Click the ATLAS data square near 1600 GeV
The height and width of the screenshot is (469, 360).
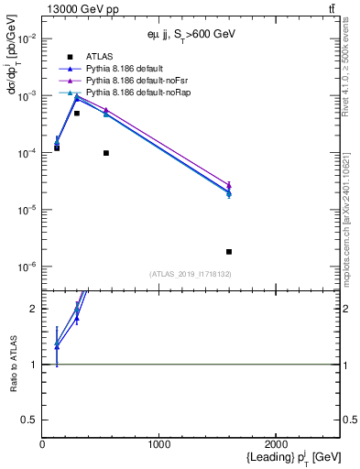pos(228,251)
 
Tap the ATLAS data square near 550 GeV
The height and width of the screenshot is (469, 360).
pos(106,153)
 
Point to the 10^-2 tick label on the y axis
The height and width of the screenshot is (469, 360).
pos(24,38)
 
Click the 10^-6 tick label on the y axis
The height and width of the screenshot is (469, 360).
pos(24,267)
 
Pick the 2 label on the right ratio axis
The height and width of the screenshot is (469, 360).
pos(347,309)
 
